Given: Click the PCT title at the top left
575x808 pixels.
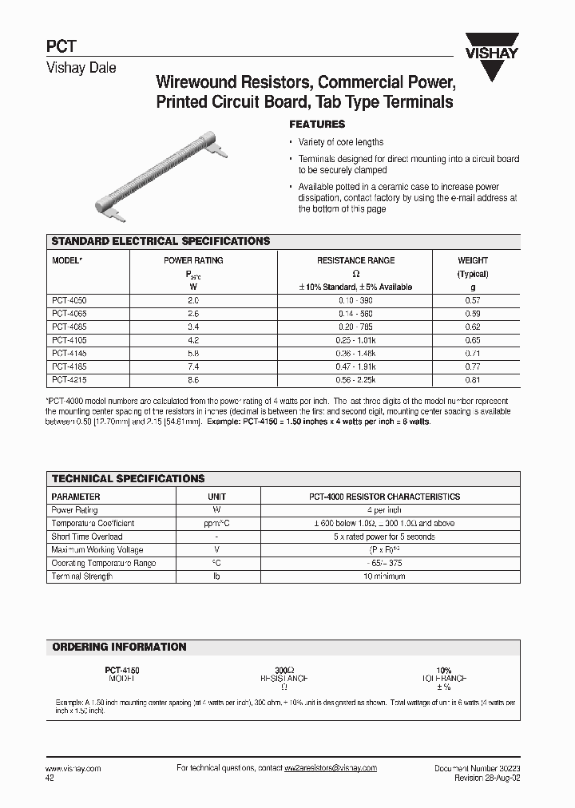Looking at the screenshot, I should click(61, 47).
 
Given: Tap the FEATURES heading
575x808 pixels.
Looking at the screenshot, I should click(316, 125).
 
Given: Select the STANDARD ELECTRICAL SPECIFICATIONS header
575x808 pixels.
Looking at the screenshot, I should click(161, 241).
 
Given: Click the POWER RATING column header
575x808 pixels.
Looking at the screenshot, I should click(193, 260).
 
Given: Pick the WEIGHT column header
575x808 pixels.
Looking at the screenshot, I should click(473, 260).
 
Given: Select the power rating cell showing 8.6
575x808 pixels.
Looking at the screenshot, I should click(192, 380).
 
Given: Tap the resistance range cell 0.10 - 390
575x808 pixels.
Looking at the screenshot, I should click(355, 300).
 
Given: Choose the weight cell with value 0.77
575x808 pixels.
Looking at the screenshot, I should click(473, 366).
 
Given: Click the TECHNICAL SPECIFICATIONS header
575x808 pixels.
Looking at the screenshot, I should click(128, 478).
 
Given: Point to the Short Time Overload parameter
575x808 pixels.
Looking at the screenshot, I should click(87, 537).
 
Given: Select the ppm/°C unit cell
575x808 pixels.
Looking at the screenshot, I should click(216, 524).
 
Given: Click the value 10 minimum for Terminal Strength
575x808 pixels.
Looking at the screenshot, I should click(384, 576).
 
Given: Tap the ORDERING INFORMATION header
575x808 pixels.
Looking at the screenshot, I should click(119, 647).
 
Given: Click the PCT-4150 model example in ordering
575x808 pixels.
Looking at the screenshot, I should click(122, 670).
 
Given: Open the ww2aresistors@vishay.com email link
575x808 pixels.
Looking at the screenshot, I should click(330, 768).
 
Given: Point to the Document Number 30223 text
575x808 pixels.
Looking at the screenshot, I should click(477, 768).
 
